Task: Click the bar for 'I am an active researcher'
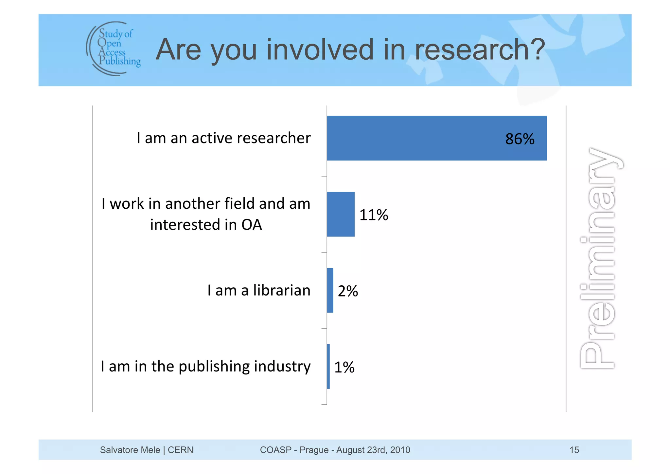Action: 436,138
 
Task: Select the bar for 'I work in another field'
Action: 341,214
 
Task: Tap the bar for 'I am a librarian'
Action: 330,290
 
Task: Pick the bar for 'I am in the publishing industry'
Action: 328,366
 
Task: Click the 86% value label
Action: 520,139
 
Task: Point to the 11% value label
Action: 374,215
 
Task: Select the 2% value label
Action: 348,291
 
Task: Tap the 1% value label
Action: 344,367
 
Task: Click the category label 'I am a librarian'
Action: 259,290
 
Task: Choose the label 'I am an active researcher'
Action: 223,138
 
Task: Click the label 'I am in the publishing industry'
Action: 205,366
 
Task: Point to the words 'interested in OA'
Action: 206,225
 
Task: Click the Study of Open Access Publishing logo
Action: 113,48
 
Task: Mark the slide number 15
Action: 574,450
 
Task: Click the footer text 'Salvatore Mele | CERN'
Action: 147,450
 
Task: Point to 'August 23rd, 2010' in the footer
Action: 373,450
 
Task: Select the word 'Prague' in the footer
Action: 314,450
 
